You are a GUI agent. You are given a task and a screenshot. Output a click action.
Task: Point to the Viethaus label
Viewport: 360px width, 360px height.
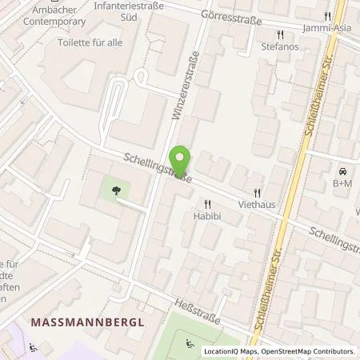(257, 205)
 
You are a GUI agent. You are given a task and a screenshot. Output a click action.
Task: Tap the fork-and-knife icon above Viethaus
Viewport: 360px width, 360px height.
(257, 193)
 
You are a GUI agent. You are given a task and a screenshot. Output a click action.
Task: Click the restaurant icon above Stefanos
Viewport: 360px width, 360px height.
(279, 35)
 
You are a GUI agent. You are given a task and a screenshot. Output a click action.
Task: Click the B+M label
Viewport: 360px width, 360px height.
(342, 183)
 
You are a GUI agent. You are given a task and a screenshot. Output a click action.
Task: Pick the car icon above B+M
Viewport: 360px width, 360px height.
(342, 171)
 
